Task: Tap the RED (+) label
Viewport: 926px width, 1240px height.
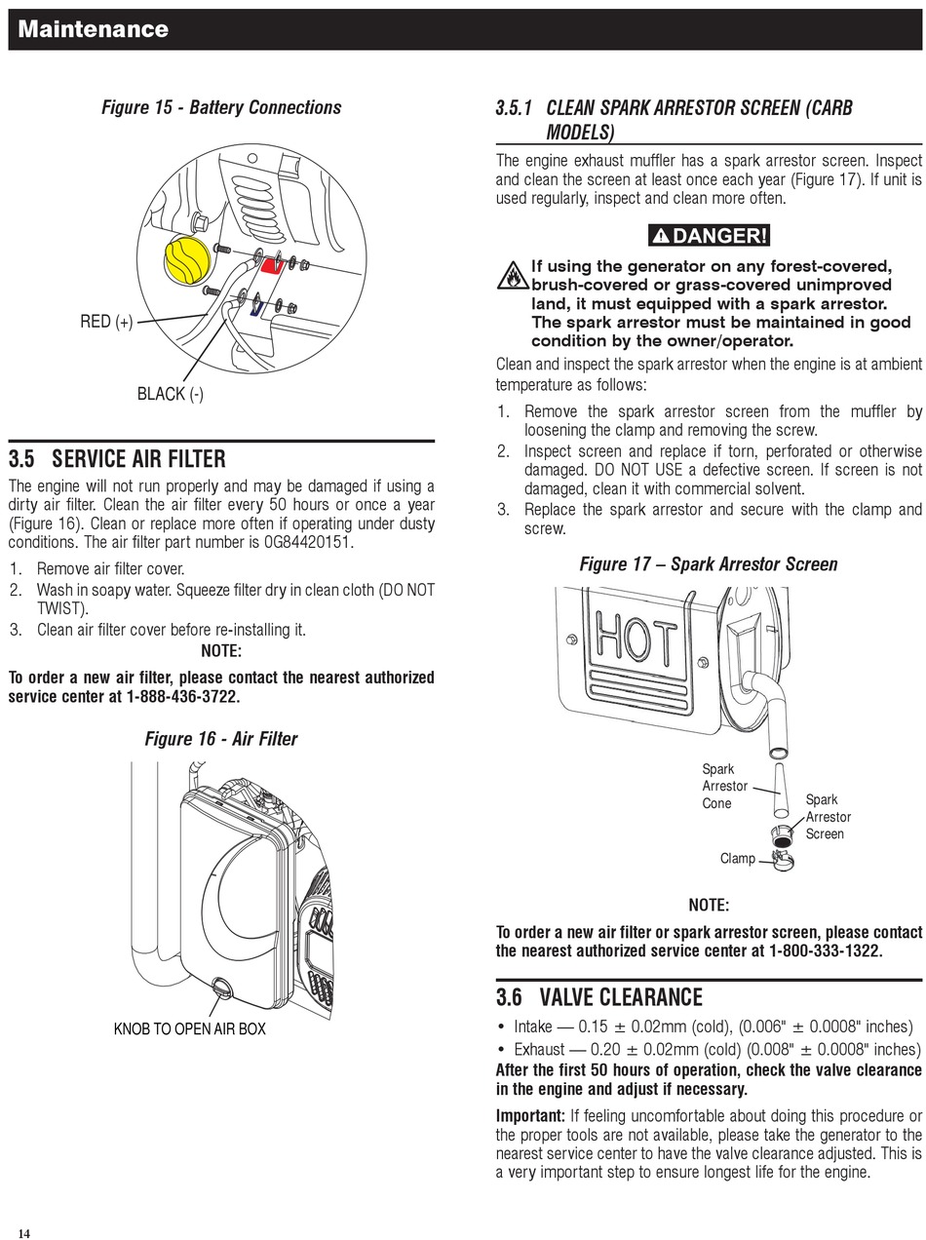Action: [106, 322]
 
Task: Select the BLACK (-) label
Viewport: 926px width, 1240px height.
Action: [170, 394]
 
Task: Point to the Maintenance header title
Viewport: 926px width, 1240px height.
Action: [94, 29]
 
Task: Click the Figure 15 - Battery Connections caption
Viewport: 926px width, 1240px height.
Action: [221, 107]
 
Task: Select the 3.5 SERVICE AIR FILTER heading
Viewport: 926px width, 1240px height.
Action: [117, 459]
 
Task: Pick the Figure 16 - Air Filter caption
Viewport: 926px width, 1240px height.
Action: [221, 739]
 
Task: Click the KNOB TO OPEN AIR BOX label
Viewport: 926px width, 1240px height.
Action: [190, 1029]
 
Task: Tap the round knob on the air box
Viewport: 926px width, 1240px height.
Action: [221, 989]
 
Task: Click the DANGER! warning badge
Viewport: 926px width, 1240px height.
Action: [709, 235]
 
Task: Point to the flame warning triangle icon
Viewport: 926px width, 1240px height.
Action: [512, 277]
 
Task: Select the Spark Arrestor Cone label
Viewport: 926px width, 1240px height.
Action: [724, 786]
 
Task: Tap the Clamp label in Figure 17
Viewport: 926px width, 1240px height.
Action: [738, 859]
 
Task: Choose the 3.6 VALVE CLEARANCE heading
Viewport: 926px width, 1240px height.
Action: [598, 997]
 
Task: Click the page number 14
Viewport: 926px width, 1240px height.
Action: [23, 1233]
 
